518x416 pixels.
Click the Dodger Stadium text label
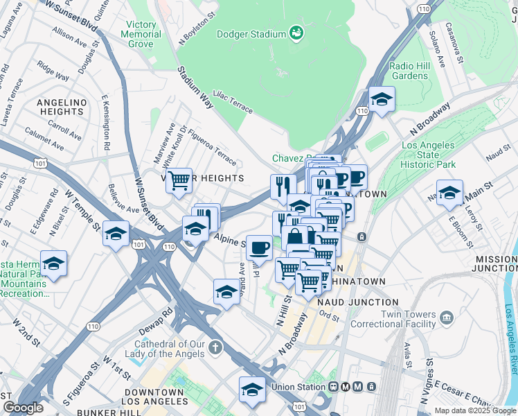pyautogui.click(x=251, y=34)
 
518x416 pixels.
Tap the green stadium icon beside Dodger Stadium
pyautogui.click(x=296, y=33)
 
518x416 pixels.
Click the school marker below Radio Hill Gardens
pyautogui.click(x=382, y=100)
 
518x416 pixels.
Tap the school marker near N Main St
pyautogui.click(x=449, y=193)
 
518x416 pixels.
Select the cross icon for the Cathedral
pyautogui.click(x=215, y=346)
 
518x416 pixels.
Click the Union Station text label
pyautogui.click(x=298, y=387)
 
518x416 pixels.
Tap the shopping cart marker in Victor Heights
pyautogui.click(x=179, y=182)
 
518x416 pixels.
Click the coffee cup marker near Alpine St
pyautogui.click(x=260, y=248)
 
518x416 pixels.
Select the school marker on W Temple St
pyautogui.click(x=116, y=234)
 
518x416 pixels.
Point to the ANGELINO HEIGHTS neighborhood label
pyautogui.click(x=62, y=107)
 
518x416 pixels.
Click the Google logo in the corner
pyautogui.click(x=23, y=408)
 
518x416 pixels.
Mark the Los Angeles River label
pyautogui.click(x=510, y=333)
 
